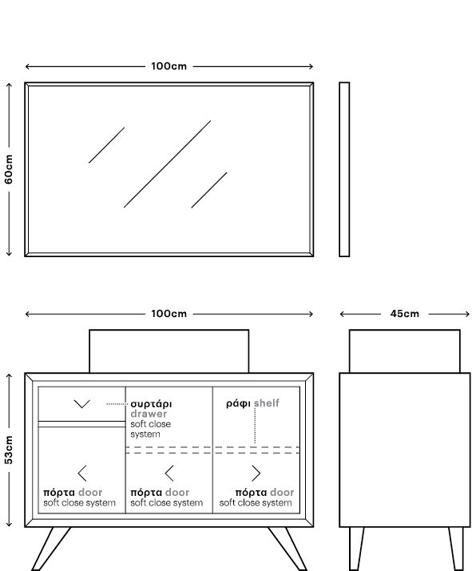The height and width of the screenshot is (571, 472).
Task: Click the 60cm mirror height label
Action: (9, 169)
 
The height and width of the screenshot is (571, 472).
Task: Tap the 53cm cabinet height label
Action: (9, 450)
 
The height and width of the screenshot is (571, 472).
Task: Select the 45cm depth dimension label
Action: (405, 314)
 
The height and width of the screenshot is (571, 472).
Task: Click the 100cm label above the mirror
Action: (169, 66)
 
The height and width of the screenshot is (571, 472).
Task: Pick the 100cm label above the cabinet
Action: (169, 314)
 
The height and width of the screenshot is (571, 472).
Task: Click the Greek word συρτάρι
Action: (151, 404)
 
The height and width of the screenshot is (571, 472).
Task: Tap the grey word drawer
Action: (149, 414)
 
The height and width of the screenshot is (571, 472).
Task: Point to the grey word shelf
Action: (267, 403)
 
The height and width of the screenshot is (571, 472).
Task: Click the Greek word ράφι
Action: (238, 403)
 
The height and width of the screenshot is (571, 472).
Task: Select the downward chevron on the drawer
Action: (82, 404)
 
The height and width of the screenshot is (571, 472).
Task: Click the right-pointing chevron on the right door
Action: (256, 474)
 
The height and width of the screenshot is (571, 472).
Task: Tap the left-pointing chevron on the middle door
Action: (169, 474)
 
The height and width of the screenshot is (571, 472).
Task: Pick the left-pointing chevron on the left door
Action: (82, 474)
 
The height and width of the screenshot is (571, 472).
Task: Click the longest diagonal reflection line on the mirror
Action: (167, 165)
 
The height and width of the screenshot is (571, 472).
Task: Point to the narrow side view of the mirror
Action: (344, 169)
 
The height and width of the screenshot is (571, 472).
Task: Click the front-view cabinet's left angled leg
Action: (51, 549)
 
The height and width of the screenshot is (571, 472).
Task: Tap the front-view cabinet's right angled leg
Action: (288, 549)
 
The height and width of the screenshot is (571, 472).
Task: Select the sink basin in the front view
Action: (169, 351)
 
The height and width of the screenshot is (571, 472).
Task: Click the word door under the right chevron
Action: (282, 493)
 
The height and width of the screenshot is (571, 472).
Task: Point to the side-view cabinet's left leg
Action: (356, 549)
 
